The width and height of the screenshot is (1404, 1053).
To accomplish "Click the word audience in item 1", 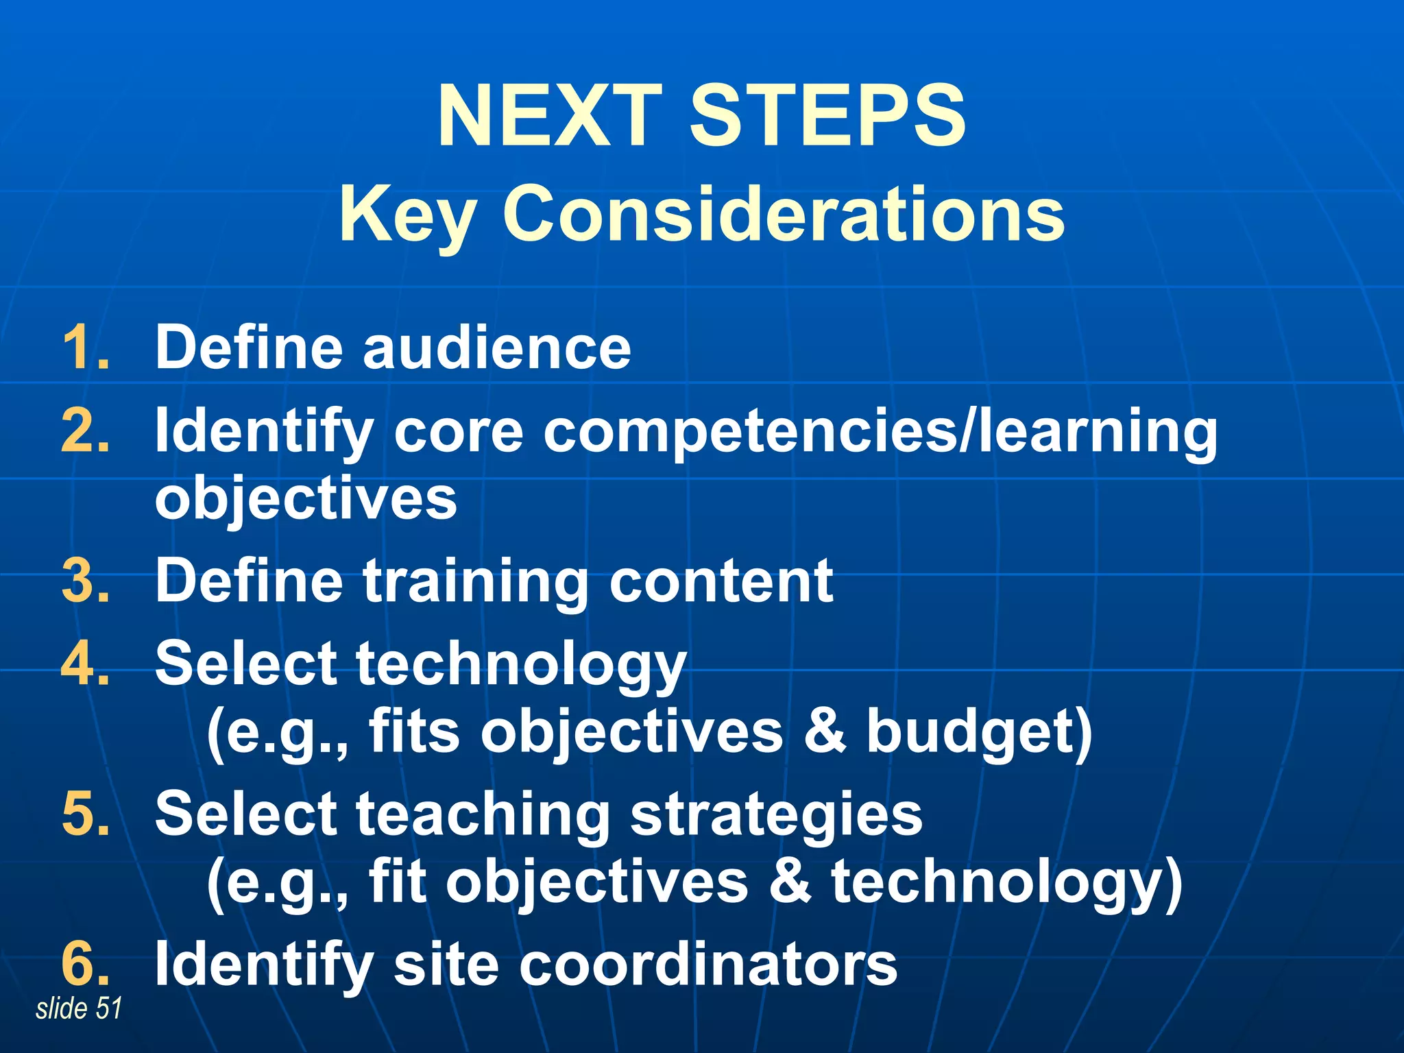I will coord(496,348).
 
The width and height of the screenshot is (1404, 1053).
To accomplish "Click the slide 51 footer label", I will coord(79,1008).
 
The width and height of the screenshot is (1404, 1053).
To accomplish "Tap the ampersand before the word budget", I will coord(825,731).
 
